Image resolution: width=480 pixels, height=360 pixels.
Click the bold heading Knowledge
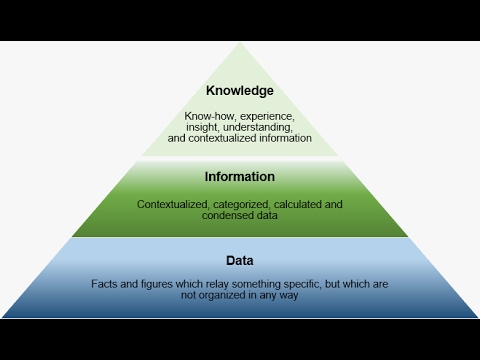(239, 91)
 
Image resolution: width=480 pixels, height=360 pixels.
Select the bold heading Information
(239, 177)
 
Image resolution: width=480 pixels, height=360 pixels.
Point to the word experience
(262, 117)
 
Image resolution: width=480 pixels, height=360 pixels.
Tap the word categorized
(239, 204)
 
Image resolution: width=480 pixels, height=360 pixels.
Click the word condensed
(226, 215)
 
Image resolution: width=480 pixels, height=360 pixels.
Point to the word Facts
(103, 284)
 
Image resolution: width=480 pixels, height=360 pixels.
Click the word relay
(218, 284)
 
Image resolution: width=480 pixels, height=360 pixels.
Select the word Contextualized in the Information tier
(171, 204)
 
